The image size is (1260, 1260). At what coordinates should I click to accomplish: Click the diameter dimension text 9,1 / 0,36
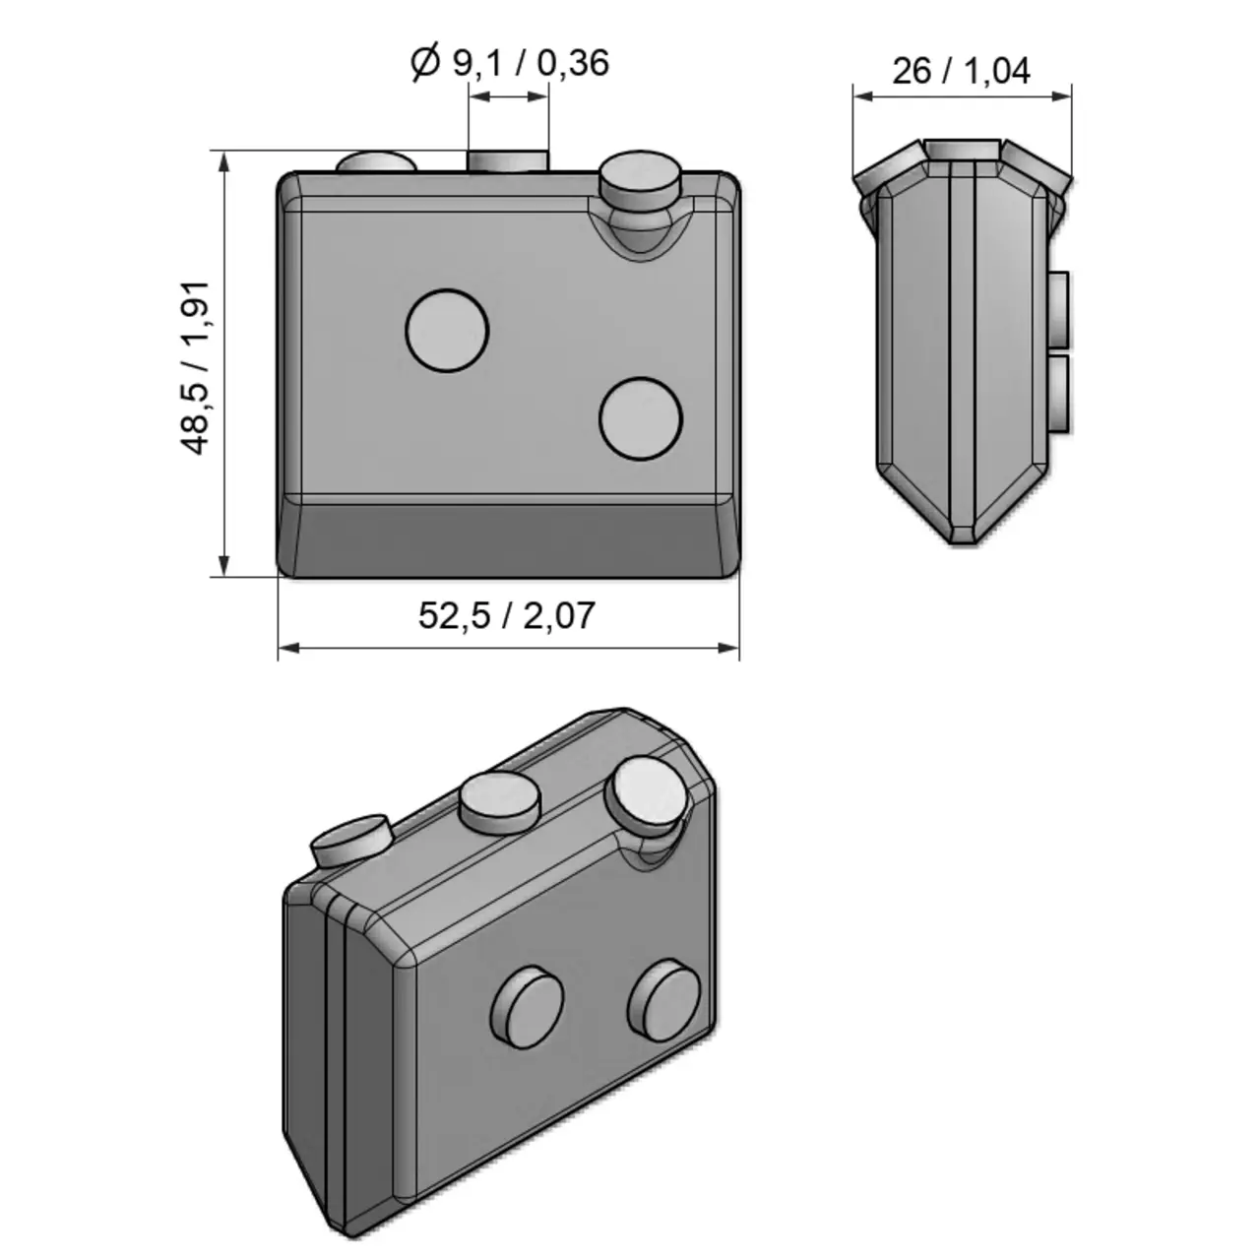tap(530, 63)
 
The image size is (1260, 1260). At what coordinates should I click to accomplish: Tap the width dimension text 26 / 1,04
tap(961, 71)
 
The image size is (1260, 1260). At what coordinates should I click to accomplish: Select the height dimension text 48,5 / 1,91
tap(196, 367)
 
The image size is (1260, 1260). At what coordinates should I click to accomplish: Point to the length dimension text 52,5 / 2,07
tap(507, 615)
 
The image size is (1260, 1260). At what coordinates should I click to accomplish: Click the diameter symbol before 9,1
tap(424, 63)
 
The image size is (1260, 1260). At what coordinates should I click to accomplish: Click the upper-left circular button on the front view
tap(447, 331)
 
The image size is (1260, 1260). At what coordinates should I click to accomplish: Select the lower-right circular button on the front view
tap(641, 418)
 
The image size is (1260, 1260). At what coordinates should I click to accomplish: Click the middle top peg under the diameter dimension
tap(507, 160)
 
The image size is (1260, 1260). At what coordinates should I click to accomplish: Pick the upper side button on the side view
tap(1059, 310)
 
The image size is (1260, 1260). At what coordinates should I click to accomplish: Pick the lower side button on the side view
tap(1059, 393)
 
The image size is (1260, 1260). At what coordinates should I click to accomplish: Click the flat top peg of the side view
tap(962, 149)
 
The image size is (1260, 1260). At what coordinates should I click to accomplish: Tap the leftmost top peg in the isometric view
tap(351, 840)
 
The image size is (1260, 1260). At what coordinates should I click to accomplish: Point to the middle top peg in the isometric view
tap(500, 801)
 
